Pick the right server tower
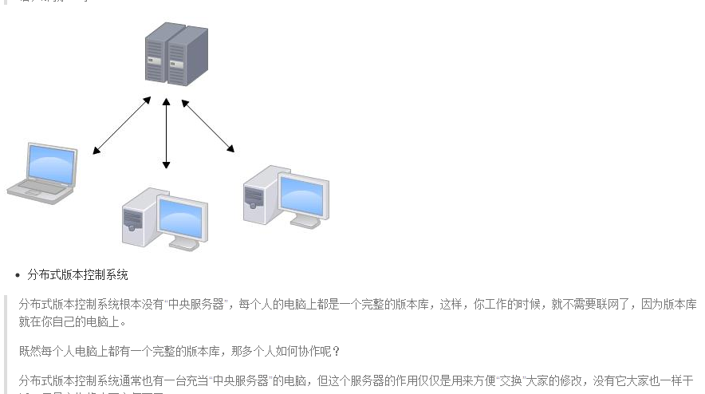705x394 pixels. (x=187, y=56)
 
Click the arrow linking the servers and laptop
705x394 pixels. (x=121, y=125)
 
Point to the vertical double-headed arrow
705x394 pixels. (x=166, y=133)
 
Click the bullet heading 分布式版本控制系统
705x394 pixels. (x=77, y=275)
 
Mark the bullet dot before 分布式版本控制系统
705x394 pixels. (x=18, y=276)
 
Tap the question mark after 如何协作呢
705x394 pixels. (x=336, y=351)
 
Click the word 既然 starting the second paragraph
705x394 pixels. (x=29, y=351)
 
